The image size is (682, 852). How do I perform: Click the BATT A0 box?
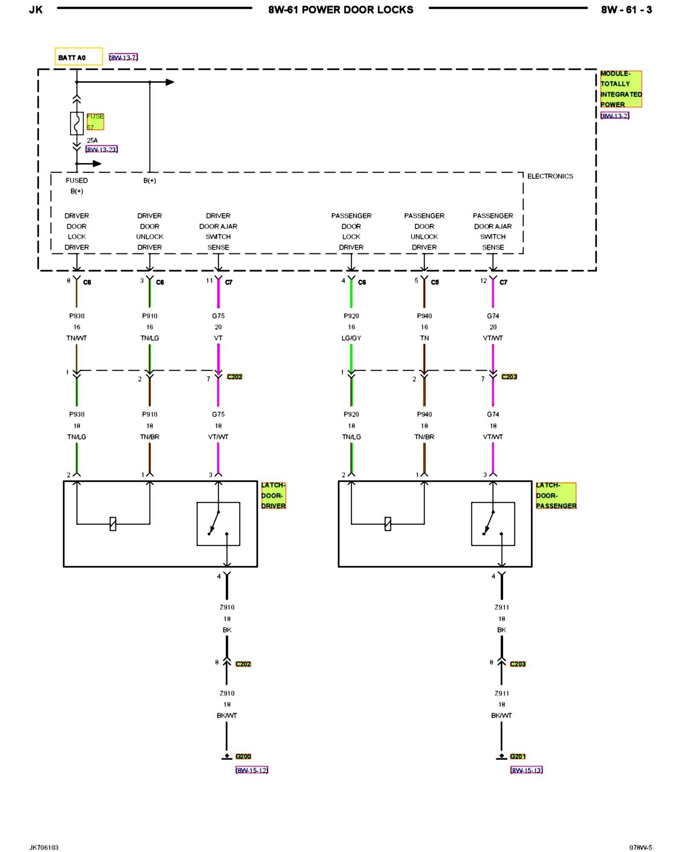point(79,57)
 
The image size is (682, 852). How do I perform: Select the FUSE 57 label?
point(95,121)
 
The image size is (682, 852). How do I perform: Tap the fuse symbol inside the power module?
point(77,124)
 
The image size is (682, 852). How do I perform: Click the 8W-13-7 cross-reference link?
point(123,58)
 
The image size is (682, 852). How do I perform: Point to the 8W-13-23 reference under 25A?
point(101,150)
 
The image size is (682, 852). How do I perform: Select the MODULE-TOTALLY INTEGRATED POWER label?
point(621,89)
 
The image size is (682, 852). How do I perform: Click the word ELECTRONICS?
point(550,176)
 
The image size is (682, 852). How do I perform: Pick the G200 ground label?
point(243,756)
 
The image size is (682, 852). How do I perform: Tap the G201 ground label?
point(518,756)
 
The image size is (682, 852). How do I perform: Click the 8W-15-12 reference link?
point(252,770)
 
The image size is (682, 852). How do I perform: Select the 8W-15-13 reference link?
point(526,770)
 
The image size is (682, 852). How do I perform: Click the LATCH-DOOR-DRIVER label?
point(273,495)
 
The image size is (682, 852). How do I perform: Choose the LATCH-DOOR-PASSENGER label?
point(556,495)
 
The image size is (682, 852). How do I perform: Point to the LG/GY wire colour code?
point(351,338)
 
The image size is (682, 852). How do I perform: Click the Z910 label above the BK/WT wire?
point(227,694)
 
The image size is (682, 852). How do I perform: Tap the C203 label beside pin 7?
point(509,377)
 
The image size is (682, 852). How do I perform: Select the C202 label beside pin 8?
point(243,664)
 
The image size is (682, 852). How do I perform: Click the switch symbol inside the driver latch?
point(218,524)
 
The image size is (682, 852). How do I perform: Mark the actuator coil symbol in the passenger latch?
point(387,524)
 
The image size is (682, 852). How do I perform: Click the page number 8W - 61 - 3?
point(626,10)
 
